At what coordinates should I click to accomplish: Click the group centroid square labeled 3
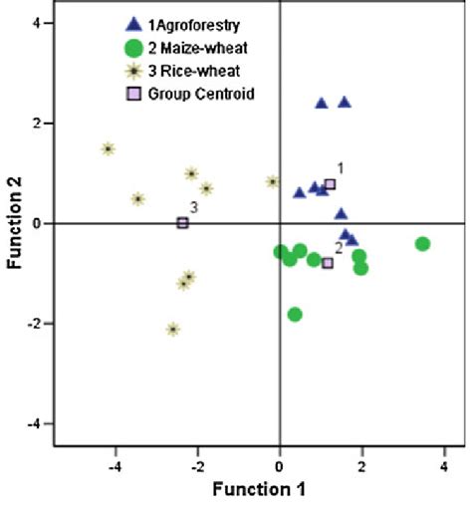pyautogui.click(x=183, y=223)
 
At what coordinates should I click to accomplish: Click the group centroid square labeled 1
pyautogui.click(x=330, y=184)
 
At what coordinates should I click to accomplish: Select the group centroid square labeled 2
pyautogui.click(x=328, y=263)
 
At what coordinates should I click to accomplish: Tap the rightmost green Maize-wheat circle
pyautogui.click(x=422, y=244)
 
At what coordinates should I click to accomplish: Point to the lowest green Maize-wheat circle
pyautogui.click(x=295, y=314)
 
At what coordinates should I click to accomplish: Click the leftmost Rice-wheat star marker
pyautogui.click(x=109, y=149)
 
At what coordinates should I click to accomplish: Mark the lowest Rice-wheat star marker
pyautogui.click(x=173, y=329)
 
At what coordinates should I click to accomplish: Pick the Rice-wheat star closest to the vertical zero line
pyautogui.click(x=272, y=181)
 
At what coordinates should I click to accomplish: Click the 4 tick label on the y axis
pyautogui.click(x=35, y=22)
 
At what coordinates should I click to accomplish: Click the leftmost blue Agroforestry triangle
pyautogui.click(x=299, y=192)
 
